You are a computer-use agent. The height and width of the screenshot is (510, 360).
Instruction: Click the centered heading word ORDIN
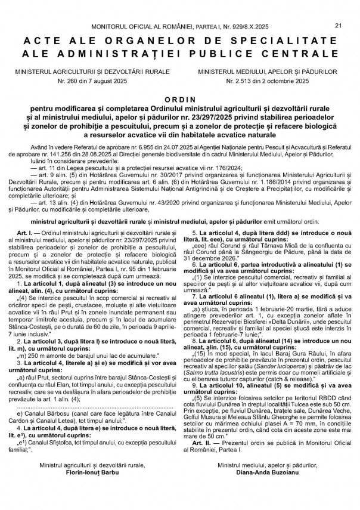pos(179,101)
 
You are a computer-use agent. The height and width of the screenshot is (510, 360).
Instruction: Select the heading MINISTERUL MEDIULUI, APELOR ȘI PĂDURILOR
pos(266,70)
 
